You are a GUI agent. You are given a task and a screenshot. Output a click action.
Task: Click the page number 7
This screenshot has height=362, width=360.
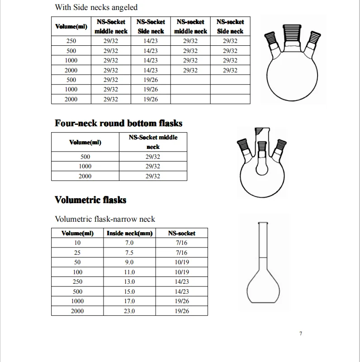click(301, 334)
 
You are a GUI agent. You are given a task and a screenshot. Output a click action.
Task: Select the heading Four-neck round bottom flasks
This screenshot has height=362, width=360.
click(118, 123)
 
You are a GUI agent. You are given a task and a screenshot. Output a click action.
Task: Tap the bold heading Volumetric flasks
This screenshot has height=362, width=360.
click(90, 200)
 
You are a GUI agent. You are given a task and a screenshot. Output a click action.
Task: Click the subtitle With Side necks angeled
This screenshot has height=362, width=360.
click(96, 7)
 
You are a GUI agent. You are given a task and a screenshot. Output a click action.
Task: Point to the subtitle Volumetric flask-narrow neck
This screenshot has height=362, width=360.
click(105, 219)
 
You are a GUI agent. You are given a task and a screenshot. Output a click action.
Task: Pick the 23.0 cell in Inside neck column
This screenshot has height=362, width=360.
click(129, 311)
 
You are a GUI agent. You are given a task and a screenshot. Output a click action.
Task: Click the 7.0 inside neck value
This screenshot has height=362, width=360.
click(129, 243)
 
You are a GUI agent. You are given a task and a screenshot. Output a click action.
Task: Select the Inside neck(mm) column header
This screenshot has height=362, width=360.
click(129, 233)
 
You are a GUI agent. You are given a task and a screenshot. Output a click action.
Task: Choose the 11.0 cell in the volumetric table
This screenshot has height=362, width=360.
click(129, 272)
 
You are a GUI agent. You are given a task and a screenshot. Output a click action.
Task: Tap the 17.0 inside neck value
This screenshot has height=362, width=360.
click(129, 301)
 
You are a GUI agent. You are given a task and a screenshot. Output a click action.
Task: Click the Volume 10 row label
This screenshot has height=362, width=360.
click(77, 243)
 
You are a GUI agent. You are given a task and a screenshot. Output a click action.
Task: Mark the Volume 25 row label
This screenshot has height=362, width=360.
click(77, 252)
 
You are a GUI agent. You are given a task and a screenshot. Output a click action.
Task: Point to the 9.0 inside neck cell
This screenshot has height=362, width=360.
click(129, 262)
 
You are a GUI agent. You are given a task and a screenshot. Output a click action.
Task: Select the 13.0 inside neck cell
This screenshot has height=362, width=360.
click(129, 281)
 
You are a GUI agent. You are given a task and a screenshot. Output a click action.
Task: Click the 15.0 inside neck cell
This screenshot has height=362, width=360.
click(129, 291)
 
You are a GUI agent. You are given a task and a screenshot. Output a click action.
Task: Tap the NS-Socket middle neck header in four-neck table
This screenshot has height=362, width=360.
click(153, 142)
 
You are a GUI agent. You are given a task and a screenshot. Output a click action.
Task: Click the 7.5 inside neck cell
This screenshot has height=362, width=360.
click(129, 252)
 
